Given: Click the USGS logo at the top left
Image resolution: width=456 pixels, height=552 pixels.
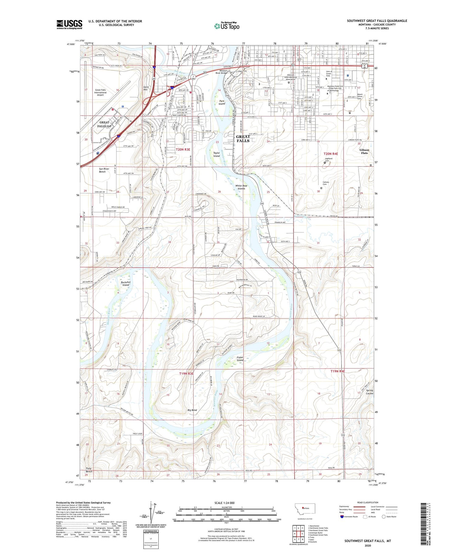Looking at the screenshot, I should (x=69, y=24).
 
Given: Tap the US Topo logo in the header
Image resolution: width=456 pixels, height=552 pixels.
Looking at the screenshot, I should (x=226, y=26).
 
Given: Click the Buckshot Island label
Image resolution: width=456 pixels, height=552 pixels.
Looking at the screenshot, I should (x=126, y=283).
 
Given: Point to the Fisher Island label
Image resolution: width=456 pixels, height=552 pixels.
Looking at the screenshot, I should (x=240, y=359).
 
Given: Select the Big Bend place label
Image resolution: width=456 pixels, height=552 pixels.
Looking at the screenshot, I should (x=192, y=410).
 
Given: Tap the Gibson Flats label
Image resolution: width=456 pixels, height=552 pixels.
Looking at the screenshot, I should (x=364, y=151).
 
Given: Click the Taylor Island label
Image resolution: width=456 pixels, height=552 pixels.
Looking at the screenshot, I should (x=216, y=155).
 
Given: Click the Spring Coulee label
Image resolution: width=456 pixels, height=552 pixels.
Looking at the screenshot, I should (x=369, y=392).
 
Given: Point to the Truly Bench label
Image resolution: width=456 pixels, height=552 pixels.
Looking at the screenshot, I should (x=89, y=470).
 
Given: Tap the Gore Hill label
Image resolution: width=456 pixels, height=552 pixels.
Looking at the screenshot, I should (x=146, y=88).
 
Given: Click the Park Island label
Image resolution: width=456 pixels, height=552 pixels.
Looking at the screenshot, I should (x=222, y=102).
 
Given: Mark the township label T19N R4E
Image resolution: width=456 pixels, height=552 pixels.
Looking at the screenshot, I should (x=337, y=371).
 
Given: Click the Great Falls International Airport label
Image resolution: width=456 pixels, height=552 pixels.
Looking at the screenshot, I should (x=101, y=92).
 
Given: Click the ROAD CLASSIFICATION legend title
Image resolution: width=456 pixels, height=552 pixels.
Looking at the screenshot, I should (x=368, y=503).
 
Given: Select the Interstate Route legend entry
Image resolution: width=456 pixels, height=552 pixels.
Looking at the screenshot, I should (x=350, y=517).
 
